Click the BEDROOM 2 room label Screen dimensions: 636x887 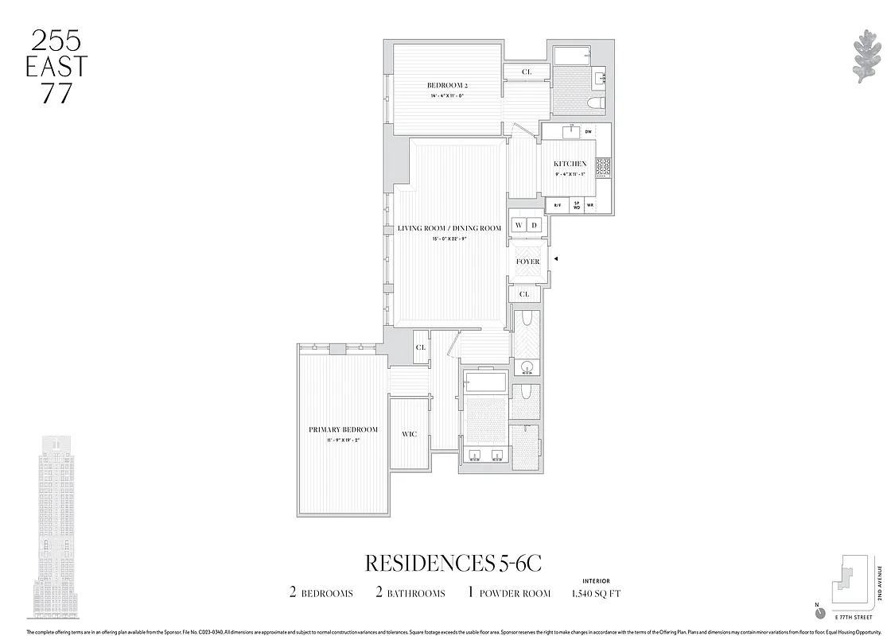coord(446,85)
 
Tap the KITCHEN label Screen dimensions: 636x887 coord(570,164)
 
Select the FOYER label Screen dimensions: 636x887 coord(527,262)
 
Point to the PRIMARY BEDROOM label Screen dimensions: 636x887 coord(343,430)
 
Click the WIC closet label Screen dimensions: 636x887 coord(409,434)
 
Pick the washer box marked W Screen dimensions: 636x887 coord(519,225)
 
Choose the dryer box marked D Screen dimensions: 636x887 coord(535,225)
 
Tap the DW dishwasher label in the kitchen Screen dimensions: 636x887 coord(589,132)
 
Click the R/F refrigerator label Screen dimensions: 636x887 coord(558,205)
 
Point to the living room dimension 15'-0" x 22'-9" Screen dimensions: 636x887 coord(449,238)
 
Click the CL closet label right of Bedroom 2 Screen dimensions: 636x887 coord(527,72)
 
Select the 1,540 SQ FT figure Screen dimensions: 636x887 coord(597,593)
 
